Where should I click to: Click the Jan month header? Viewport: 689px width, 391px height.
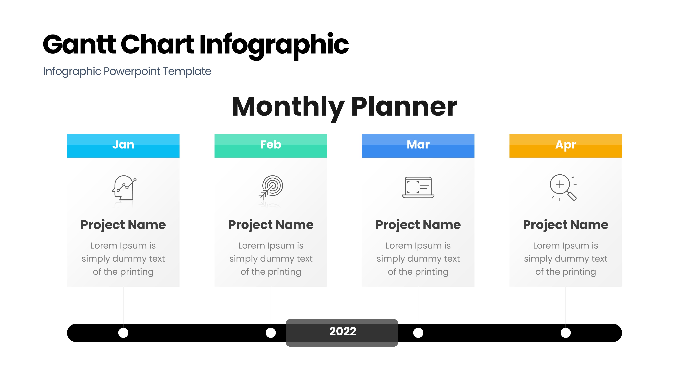(123, 146)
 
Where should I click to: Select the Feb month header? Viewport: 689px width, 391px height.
(271, 146)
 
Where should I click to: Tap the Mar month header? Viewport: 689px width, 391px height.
(418, 146)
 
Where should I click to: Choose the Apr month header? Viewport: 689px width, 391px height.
(566, 146)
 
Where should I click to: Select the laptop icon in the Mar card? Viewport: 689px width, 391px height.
(418, 187)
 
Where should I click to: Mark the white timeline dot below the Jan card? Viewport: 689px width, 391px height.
(123, 333)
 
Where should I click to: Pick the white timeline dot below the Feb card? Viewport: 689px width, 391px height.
(271, 333)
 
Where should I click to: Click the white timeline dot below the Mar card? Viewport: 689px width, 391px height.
(418, 333)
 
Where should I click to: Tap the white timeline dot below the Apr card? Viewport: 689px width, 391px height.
(566, 333)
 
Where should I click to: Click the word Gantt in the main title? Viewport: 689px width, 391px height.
(79, 44)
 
